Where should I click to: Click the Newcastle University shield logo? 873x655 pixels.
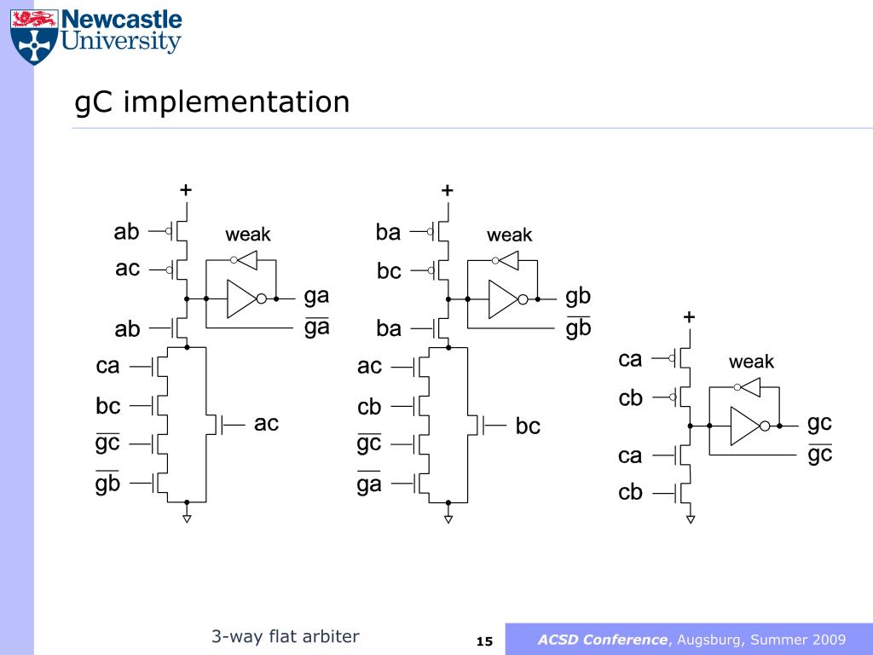pyautogui.click(x=35, y=36)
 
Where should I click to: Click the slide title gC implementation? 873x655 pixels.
pyautogui.click(x=212, y=102)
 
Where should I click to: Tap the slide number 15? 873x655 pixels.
pyautogui.click(x=484, y=641)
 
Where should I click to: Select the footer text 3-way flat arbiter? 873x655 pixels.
pyautogui.click(x=286, y=636)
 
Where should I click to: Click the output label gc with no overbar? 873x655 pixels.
pyautogui.click(x=819, y=422)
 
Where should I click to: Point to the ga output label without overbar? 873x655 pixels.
pyautogui.click(x=317, y=296)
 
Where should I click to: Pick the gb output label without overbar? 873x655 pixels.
pyautogui.click(x=578, y=296)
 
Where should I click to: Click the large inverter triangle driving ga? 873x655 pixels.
pyautogui.click(x=242, y=299)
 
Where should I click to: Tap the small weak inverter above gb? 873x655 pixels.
pyautogui.click(x=508, y=260)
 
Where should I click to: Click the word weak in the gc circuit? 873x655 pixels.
pyautogui.click(x=751, y=362)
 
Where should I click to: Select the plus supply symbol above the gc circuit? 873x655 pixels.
pyautogui.click(x=689, y=317)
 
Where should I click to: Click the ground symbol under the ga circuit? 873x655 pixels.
pyautogui.click(x=187, y=517)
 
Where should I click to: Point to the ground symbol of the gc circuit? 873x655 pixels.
pyautogui.click(x=691, y=518)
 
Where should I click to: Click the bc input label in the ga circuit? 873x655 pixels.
pyautogui.click(x=108, y=405)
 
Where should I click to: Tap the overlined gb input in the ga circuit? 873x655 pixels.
pyautogui.click(x=108, y=484)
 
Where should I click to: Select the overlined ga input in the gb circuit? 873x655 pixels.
pyautogui.click(x=369, y=484)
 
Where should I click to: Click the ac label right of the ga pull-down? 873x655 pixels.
pyautogui.click(x=266, y=423)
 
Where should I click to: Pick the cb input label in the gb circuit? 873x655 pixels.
pyautogui.click(x=369, y=407)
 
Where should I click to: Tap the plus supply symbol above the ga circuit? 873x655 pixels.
pyautogui.click(x=185, y=190)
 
